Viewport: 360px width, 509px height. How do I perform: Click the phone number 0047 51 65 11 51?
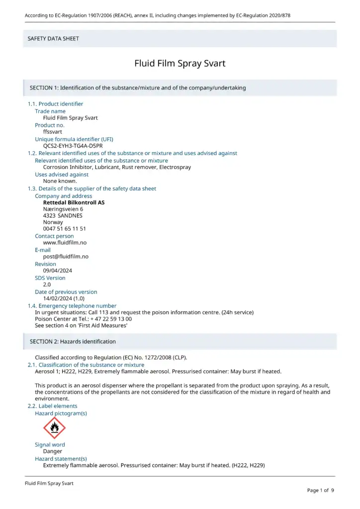[x=65, y=229]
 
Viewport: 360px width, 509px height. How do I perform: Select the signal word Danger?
[x=53, y=452]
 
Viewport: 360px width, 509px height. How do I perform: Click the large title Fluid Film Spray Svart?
[x=180, y=64]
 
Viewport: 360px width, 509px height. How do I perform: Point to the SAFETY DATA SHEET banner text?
[x=53, y=39]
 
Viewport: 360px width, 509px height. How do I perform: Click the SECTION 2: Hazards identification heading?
[x=73, y=341]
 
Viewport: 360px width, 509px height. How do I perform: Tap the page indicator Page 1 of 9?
[x=320, y=491]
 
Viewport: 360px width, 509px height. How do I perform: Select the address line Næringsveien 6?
[x=63, y=209]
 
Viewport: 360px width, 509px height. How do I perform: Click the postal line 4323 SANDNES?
[x=63, y=216]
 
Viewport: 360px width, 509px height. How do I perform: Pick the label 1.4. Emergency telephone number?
[x=72, y=306]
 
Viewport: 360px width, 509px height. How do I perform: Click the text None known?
[x=60, y=181]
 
